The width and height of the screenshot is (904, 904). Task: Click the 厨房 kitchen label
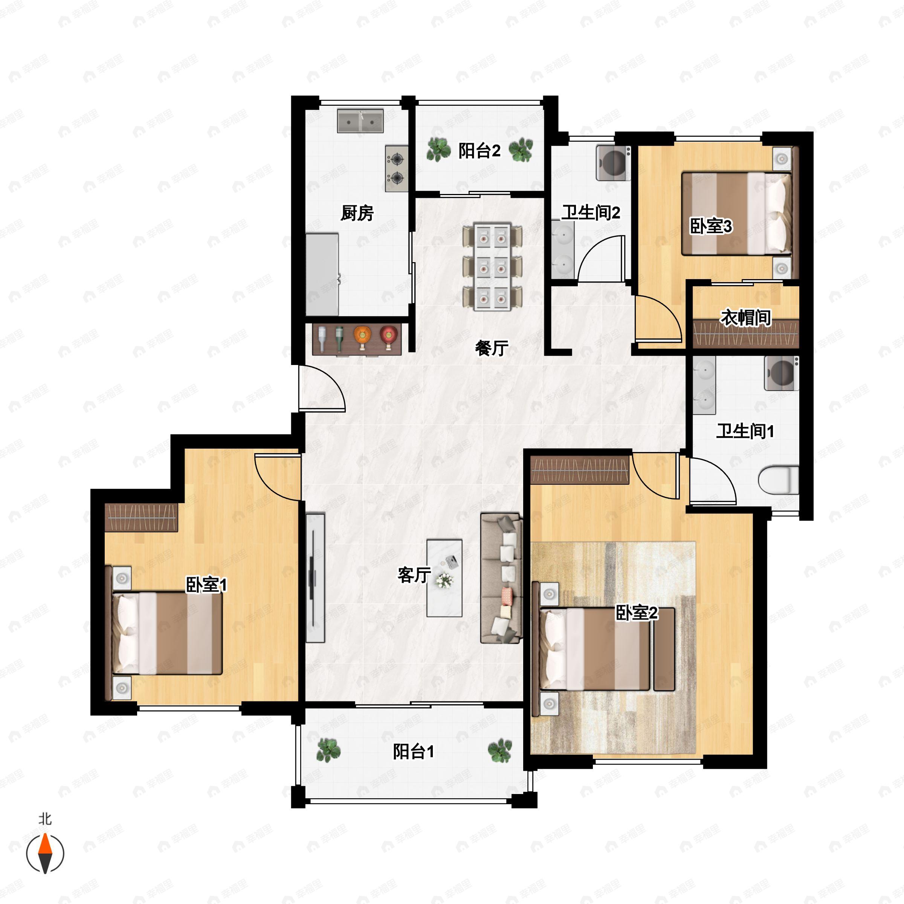click(x=357, y=213)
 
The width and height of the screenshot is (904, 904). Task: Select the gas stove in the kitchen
click(x=397, y=168)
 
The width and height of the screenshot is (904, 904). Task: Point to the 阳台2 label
click(x=479, y=151)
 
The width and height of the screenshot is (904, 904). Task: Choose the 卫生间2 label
click(x=591, y=213)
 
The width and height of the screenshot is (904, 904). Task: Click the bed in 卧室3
click(x=736, y=214)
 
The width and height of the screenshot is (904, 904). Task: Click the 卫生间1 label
click(x=745, y=431)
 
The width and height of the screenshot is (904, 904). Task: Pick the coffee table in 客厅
click(x=444, y=578)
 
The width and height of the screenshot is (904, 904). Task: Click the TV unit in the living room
click(x=315, y=578)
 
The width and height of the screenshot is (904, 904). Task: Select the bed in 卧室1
click(x=166, y=634)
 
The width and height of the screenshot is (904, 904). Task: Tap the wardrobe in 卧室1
click(x=141, y=517)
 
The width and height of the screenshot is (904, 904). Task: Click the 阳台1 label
click(x=414, y=751)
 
